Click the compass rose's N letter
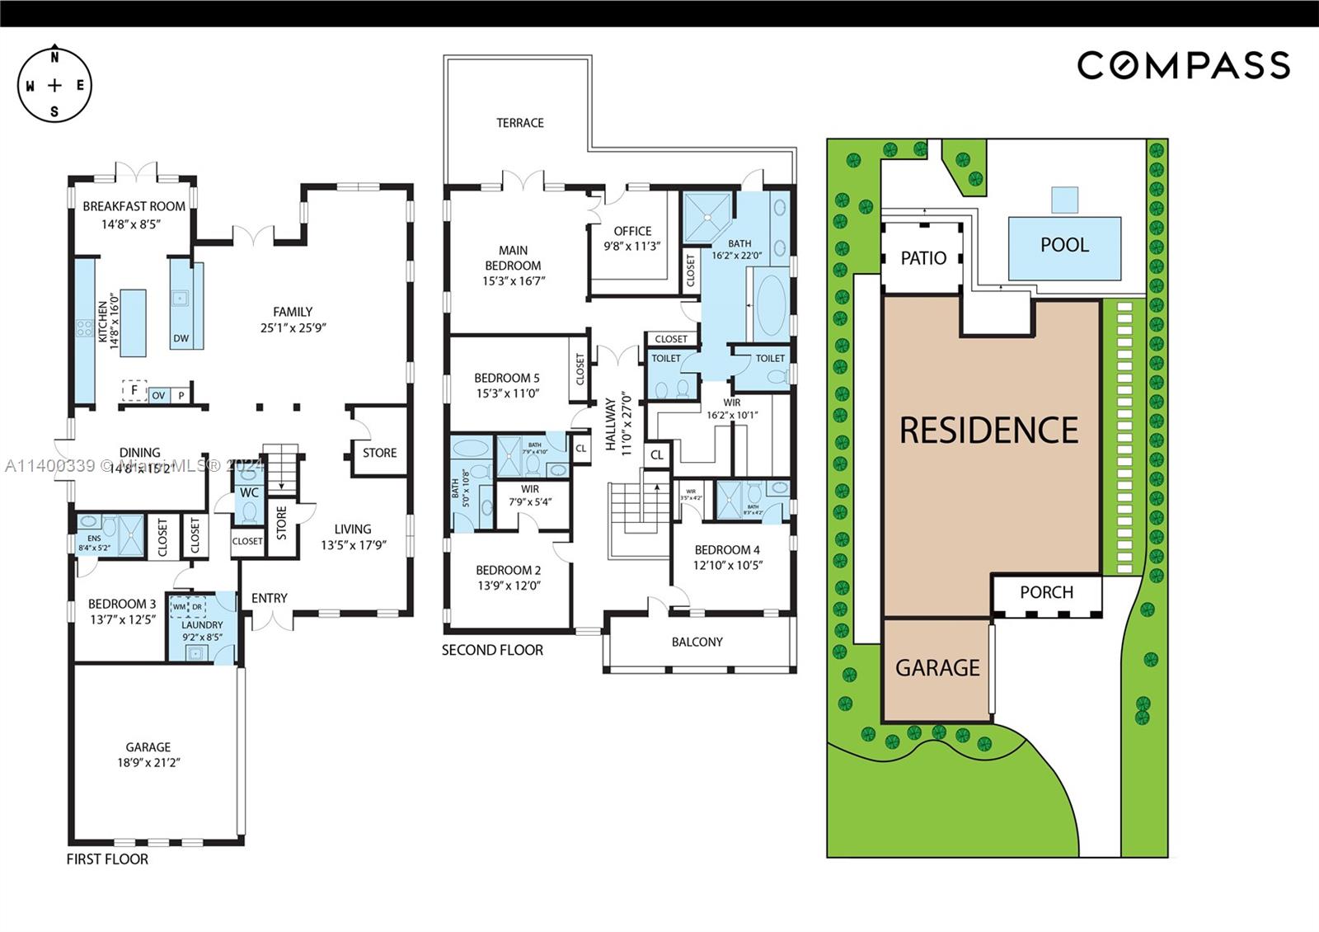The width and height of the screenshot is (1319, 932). point(54,58)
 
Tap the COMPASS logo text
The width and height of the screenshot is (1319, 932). point(1183,65)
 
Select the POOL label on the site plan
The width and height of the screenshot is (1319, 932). point(1064,245)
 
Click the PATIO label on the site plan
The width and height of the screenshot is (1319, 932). point(922,258)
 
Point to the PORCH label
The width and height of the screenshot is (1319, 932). point(1046,592)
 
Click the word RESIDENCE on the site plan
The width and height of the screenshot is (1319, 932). point(988,430)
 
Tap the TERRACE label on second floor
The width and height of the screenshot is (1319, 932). point(519,123)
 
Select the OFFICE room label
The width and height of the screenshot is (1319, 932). point(632,231)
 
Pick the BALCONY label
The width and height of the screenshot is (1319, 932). point(697,642)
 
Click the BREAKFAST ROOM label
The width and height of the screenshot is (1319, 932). point(134,206)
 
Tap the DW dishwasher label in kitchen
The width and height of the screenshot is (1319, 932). point(181,338)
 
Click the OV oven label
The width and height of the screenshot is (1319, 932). point(158,396)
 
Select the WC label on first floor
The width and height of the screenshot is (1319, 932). point(249,492)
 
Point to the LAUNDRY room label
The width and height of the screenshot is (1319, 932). point(202,625)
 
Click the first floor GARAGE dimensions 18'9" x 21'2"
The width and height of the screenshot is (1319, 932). point(148,763)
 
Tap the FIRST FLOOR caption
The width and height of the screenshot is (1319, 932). point(107,859)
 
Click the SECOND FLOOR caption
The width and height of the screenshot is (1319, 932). point(492,650)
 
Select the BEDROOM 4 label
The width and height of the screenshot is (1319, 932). point(727,550)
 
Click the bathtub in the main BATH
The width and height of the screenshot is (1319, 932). point(772,305)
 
